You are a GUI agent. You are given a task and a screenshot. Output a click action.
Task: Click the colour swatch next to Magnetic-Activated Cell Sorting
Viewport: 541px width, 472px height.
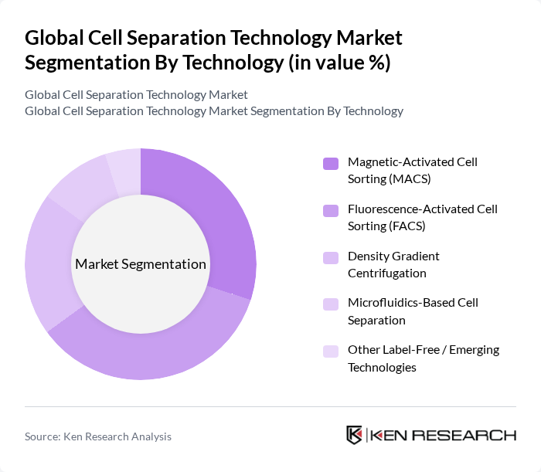pos(331,163)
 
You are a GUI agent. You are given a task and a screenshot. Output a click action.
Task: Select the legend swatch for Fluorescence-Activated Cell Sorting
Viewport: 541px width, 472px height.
pos(331,210)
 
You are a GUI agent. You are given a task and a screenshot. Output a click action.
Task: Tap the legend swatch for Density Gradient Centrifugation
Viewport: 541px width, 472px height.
pos(331,256)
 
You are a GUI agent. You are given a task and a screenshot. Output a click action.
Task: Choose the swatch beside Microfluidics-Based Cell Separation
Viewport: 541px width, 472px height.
pos(331,304)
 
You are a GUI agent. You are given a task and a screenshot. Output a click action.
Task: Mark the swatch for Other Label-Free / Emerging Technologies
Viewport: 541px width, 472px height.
pos(331,351)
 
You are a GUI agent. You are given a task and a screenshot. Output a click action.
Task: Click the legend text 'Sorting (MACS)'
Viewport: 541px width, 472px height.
pos(389,179)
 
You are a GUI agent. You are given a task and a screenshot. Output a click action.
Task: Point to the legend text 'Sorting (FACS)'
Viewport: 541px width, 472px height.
pos(386,226)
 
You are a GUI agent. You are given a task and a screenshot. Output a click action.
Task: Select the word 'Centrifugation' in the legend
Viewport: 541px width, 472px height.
pos(386,273)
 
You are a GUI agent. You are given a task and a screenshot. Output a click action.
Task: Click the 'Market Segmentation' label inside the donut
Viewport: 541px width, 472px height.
pos(141,264)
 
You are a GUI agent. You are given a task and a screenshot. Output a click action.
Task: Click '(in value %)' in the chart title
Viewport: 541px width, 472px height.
pos(339,62)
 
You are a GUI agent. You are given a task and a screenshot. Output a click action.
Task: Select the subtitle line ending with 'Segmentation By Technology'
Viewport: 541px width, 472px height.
pos(214,110)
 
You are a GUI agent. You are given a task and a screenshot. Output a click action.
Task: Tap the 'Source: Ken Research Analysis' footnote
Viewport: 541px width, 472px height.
pos(98,436)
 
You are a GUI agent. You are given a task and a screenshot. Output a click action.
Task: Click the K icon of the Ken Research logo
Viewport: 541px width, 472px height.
pos(354,435)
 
